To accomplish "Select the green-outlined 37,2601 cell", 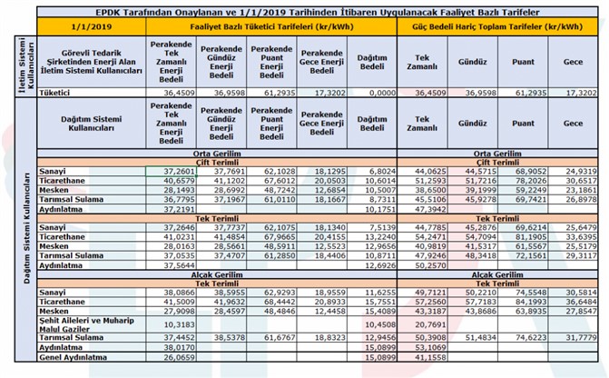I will tap(173, 171).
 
